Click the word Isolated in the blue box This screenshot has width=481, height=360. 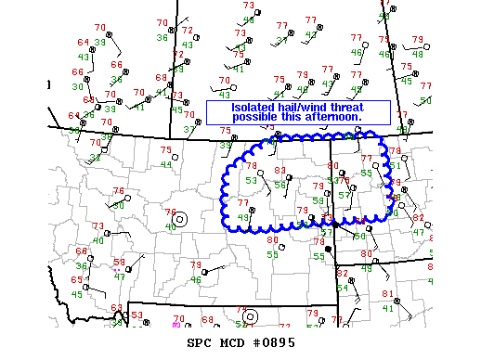(234, 107)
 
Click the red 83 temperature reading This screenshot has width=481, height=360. (280, 171)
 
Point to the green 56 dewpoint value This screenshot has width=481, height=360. (280, 185)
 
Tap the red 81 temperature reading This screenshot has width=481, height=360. (388, 294)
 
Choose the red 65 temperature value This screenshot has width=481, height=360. (77, 279)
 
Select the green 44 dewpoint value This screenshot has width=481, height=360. (166, 165)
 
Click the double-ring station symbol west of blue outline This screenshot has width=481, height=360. (180, 220)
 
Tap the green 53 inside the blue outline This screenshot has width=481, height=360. (251, 180)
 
